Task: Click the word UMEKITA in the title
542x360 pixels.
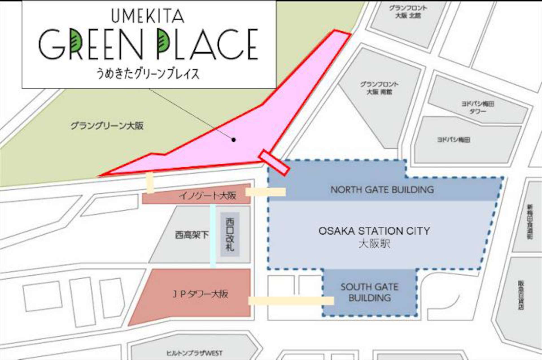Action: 148,16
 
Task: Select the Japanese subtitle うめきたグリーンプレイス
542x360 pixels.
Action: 148,74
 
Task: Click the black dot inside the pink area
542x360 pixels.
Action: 233,140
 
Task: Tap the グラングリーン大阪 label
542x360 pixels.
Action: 107,126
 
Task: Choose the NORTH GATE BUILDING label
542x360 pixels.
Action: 382,190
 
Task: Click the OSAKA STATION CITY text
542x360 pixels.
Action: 374,231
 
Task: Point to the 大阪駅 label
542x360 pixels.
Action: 374,244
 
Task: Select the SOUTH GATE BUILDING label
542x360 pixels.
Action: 370,293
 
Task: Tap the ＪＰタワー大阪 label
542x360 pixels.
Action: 200,294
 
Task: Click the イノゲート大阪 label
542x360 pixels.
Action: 207,195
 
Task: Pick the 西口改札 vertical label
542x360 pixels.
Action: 230,234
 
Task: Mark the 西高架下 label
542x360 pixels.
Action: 192,235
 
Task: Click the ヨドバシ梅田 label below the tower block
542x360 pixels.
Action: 453,140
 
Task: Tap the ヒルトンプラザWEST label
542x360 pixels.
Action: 194,353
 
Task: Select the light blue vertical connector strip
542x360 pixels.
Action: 213,236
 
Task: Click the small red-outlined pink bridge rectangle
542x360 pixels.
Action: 274,163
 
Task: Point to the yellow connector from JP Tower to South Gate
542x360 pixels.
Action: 291,301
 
